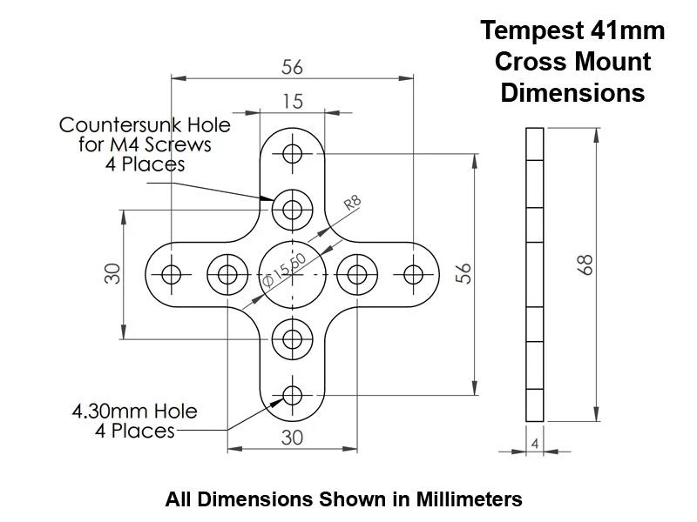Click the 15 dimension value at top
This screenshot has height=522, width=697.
[293, 102]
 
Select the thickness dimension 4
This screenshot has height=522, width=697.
[534, 444]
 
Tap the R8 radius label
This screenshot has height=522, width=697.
[352, 204]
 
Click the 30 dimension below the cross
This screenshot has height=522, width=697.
[293, 438]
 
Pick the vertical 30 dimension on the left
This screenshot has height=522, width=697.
[112, 274]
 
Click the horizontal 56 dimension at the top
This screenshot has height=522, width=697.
[293, 67]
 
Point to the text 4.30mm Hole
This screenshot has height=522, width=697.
[135, 411]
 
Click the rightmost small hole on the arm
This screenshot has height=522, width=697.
[413, 274]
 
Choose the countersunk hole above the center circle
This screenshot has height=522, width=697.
[293, 210]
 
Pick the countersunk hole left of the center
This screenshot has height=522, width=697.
[228, 274]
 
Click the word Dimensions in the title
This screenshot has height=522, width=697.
[572, 91]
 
